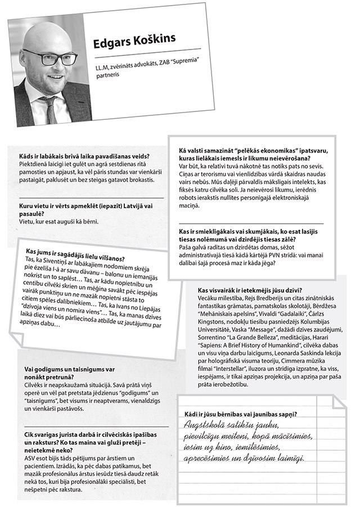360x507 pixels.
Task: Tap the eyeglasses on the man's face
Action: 51,57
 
